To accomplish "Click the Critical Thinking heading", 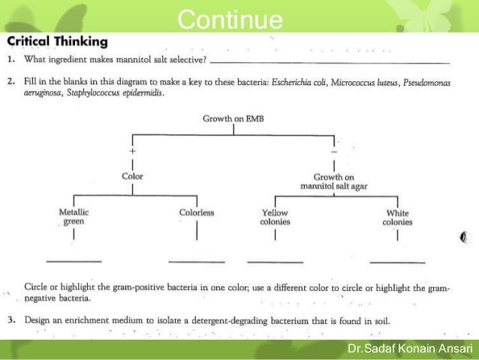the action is (x=57, y=41).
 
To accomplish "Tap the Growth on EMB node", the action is (x=233, y=118).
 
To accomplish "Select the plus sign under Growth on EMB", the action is (x=133, y=150).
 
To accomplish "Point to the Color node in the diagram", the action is (x=133, y=177).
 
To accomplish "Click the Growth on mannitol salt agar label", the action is (x=333, y=181).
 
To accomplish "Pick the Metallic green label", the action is (x=74, y=217).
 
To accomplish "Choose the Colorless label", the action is (x=197, y=213).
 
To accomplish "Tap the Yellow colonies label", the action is (x=275, y=217).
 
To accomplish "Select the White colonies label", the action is (x=397, y=217).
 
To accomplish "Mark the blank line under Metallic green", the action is (x=74, y=260).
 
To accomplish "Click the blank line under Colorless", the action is (x=197, y=260).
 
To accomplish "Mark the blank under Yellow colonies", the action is (x=275, y=260).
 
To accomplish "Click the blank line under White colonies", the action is (x=397, y=260).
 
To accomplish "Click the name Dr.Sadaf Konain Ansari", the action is (x=409, y=349).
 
